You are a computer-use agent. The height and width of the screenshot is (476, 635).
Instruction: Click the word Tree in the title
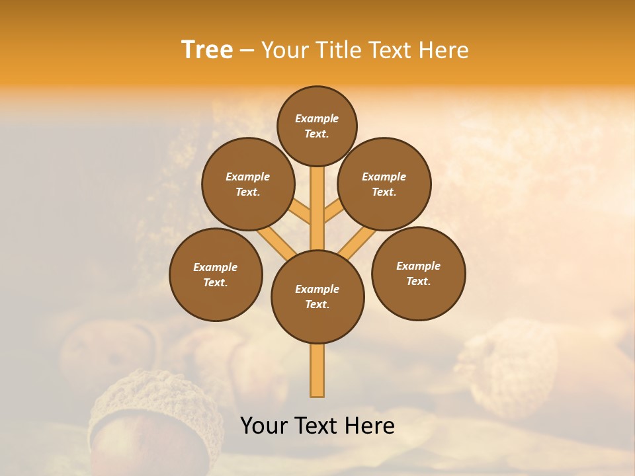(x=207, y=50)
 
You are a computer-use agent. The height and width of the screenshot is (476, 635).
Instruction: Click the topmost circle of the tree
(x=317, y=126)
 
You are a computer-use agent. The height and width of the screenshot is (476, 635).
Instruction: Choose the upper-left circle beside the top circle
(x=248, y=184)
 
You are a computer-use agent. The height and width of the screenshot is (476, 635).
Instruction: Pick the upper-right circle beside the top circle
(x=384, y=184)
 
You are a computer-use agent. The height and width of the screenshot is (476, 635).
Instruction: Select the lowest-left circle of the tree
(x=216, y=274)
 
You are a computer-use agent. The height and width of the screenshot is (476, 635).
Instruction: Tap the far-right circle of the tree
(x=418, y=273)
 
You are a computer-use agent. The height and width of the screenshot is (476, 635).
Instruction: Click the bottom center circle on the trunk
(x=317, y=297)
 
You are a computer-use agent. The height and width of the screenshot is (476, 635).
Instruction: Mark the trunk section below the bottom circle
(x=317, y=370)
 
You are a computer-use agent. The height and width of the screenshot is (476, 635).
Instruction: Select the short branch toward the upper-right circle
(x=333, y=212)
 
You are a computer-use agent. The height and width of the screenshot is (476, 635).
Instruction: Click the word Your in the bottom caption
(x=263, y=426)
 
